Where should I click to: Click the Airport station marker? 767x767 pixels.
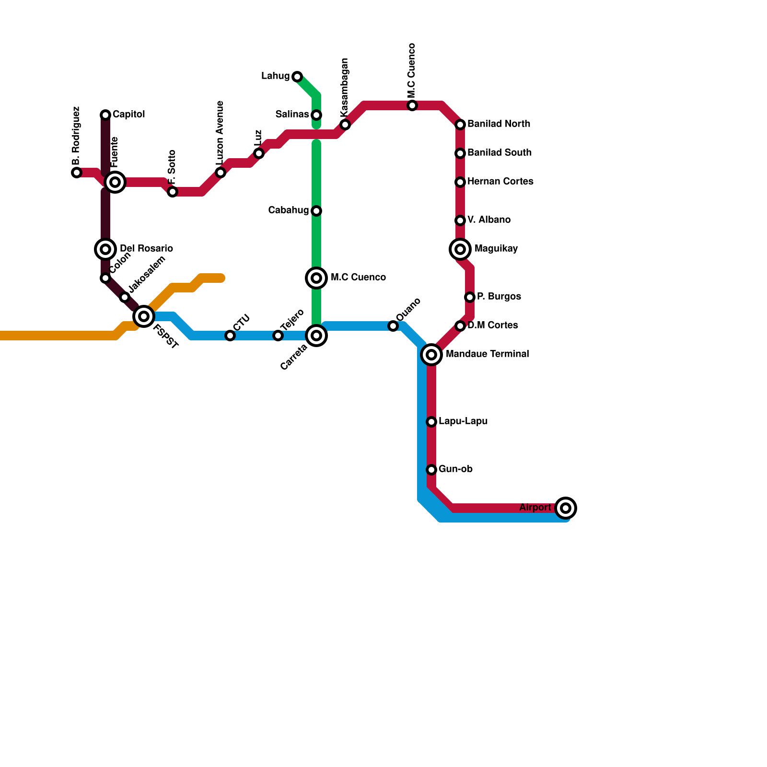(x=566, y=508)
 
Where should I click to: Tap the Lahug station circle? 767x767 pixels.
(x=297, y=77)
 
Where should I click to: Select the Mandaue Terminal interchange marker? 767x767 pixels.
(x=431, y=355)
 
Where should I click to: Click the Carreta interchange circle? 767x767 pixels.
(x=316, y=336)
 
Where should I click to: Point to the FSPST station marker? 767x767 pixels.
(x=144, y=316)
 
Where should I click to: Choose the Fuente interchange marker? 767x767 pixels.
(x=115, y=182)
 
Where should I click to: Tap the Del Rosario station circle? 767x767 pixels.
(x=105, y=249)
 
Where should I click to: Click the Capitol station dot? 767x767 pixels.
(x=105, y=115)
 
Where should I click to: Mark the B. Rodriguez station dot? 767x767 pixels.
(x=77, y=173)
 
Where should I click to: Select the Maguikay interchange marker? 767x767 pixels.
(x=460, y=249)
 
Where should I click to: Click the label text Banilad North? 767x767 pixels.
(x=499, y=124)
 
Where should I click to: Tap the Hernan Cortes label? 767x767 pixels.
(x=500, y=182)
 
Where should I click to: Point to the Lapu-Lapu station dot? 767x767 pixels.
(x=431, y=422)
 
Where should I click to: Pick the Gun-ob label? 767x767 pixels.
(x=455, y=469)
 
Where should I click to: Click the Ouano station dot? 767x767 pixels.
(x=393, y=326)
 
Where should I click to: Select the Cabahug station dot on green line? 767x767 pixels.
(x=316, y=211)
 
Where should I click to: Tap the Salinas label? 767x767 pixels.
(x=292, y=115)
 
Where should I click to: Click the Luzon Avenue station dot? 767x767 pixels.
(x=221, y=173)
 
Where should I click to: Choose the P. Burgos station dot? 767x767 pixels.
(x=470, y=297)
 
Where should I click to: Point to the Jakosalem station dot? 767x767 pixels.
(x=125, y=297)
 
